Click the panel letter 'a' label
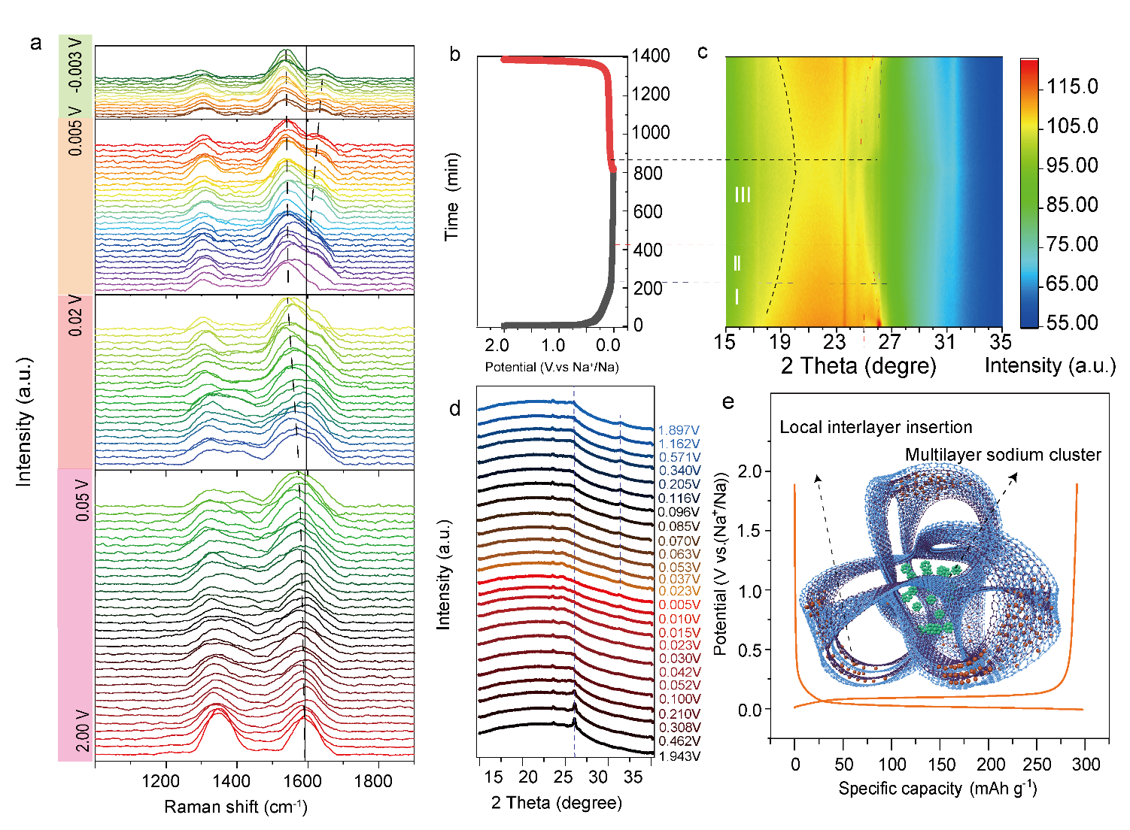coord(36,43)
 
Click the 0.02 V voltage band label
coord(76,315)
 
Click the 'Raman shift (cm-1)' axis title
coord(235,807)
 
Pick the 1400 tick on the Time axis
coord(651,56)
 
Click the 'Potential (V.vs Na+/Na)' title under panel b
coord(551,367)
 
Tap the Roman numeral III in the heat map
coord(743,195)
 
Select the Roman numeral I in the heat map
coord(737,297)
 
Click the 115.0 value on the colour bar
coord(1072,86)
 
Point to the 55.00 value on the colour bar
coord(1072,323)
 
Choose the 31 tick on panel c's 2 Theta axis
coord(945,343)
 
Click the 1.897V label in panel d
coord(679,430)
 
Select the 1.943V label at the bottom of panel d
coord(679,756)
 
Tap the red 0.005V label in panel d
coord(679,604)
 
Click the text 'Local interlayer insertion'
coord(876,428)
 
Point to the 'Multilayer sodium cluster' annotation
coord(1003,455)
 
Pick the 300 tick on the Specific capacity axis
coord(1086,765)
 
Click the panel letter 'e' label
coord(728,401)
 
